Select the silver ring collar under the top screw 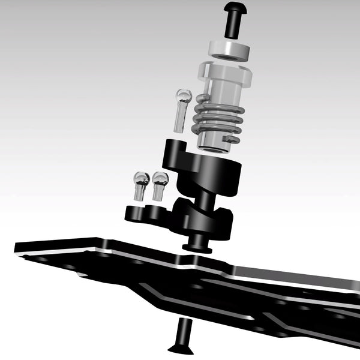tap(230, 49)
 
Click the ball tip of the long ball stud tap(183, 95)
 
